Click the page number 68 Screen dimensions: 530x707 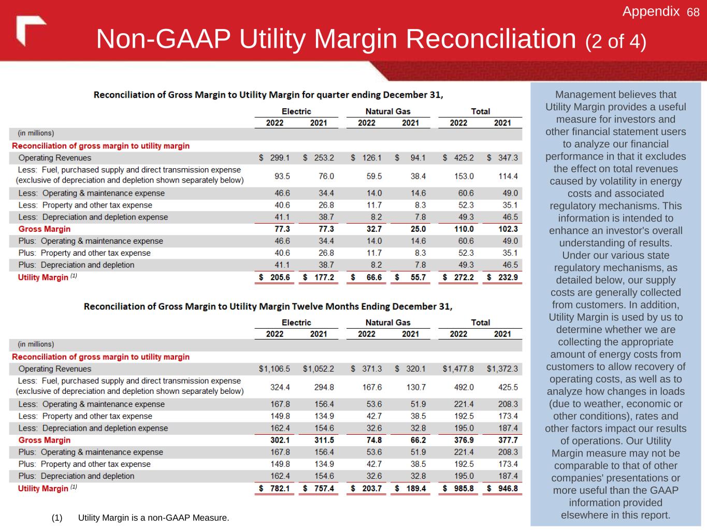tap(693, 12)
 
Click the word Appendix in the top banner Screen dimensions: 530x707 tap(651, 11)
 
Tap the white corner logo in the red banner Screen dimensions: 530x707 tap(30, 30)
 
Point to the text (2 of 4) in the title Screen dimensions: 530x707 tap(616, 41)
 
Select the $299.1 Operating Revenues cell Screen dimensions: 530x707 tap(275, 158)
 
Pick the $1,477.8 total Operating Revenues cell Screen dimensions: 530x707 tap(458, 369)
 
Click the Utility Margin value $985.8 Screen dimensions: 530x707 tap(458, 489)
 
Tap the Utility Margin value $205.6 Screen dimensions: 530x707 tap(275, 277)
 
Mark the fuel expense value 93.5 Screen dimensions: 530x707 tap(282, 176)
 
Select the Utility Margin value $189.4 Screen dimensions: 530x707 tap(411, 489)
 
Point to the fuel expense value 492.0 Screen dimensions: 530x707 tap(464, 387)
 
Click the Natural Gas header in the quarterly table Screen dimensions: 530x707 tap(388, 111)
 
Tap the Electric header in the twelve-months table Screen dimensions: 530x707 tap(296, 322)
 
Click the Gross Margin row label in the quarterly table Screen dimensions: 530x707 tap(45, 229)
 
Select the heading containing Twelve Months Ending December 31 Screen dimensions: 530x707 tap(268, 306)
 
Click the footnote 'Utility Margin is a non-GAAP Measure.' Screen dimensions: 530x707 tap(153, 518)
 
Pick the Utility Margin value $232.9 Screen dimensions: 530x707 tap(502, 277)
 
